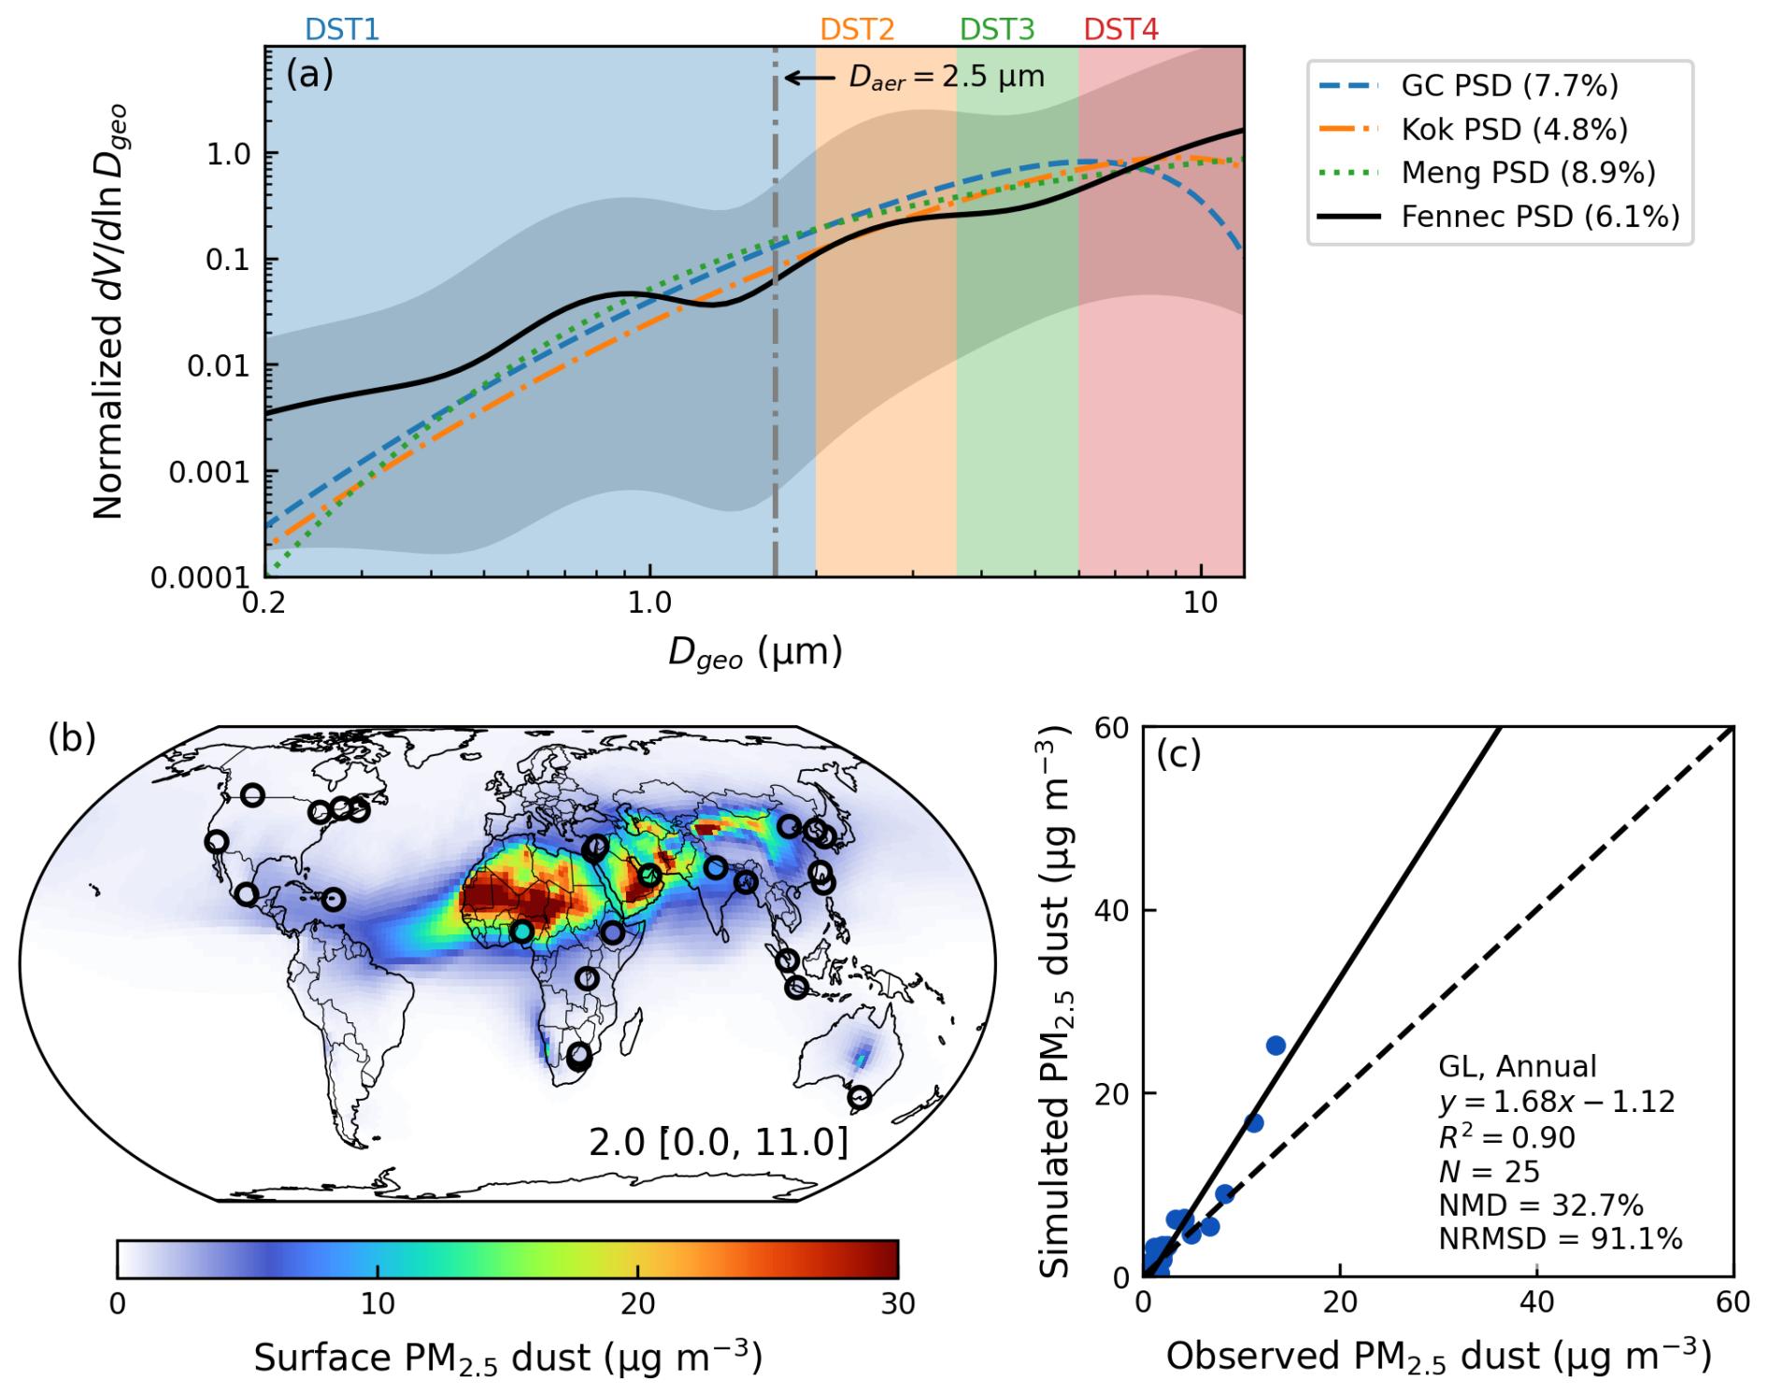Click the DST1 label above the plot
click(342, 30)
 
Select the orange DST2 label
click(857, 30)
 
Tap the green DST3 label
click(997, 30)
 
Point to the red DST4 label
click(1120, 30)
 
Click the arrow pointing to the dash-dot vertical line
click(809, 78)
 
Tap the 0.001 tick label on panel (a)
click(209, 472)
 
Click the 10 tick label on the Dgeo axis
click(1200, 604)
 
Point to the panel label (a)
click(309, 74)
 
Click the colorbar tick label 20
click(638, 1303)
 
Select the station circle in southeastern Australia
click(860, 1098)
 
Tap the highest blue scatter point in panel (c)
click(1276, 1046)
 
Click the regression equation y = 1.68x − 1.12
click(1556, 1102)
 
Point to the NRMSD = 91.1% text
click(1560, 1239)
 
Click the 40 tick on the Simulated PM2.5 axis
click(1111, 910)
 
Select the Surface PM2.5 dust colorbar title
click(508, 1358)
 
